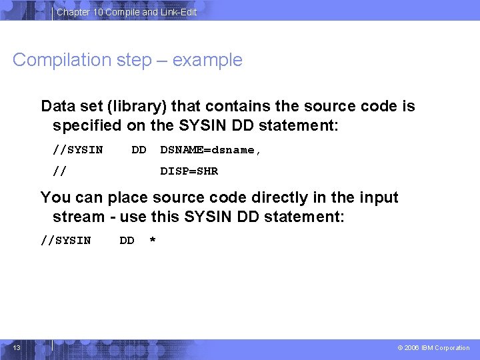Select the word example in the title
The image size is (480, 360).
[x=207, y=60]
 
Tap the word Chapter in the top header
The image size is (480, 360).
[x=73, y=12]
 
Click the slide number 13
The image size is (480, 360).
[x=17, y=347]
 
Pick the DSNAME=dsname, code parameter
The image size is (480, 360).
[x=211, y=150]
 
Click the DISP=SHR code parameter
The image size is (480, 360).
[x=189, y=171]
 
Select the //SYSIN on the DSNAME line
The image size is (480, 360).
[x=78, y=150]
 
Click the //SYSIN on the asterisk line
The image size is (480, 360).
[x=66, y=241]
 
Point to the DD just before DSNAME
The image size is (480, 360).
[x=139, y=150]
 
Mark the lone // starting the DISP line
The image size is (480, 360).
[x=59, y=171]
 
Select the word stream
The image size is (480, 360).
[x=75, y=217]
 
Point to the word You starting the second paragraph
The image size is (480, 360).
[x=53, y=197]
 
